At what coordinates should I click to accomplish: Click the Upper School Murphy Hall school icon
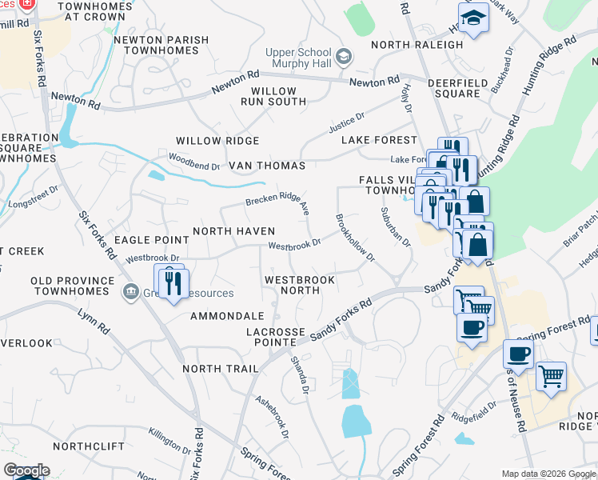tap(344, 57)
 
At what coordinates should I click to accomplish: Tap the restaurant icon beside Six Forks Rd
tap(173, 282)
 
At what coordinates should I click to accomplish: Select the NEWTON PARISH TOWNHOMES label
tap(161, 45)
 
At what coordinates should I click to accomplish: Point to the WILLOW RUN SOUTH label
tap(274, 96)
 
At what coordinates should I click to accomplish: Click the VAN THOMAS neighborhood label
tap(267, 166)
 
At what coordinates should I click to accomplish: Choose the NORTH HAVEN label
tap(234, 231)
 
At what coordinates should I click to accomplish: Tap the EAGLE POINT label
tap(150, 239)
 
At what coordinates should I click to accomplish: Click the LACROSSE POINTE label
tap(276, 337)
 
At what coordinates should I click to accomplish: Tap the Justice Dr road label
tap(346, 125)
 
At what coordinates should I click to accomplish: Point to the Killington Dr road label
tap(169, 442)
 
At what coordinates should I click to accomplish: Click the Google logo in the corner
tap(26, 470)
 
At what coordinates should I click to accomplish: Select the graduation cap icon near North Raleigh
tap(473, 20)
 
